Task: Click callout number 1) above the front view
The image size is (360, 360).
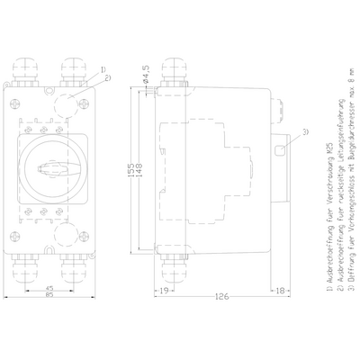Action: coord(103,68)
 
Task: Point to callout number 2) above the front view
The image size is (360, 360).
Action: coord(108,78)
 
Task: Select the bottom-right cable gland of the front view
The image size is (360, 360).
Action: coord(76,266)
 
